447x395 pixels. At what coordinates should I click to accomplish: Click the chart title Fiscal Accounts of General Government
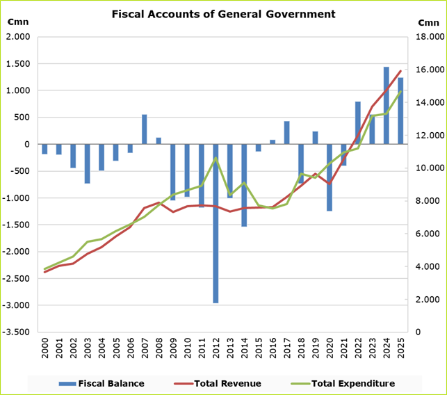click(223, 14)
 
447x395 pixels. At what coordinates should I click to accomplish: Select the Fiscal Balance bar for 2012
click(216, 223)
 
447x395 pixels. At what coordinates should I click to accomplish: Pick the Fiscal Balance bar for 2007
click(145, 129)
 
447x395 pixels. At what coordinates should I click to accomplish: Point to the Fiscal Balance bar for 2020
click(330, 177)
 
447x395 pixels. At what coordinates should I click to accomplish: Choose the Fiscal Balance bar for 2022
click(358, 123)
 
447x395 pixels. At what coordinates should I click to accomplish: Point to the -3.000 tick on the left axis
click(19, 305)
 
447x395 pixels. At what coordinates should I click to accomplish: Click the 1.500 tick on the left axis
click(19, 64)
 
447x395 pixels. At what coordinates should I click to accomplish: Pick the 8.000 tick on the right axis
click(428, 201)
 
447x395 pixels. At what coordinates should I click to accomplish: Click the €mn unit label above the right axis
click(428, 22)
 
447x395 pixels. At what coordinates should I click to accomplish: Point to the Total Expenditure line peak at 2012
click(216, 158)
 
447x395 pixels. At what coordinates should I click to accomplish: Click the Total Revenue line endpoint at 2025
click(400, 71)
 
